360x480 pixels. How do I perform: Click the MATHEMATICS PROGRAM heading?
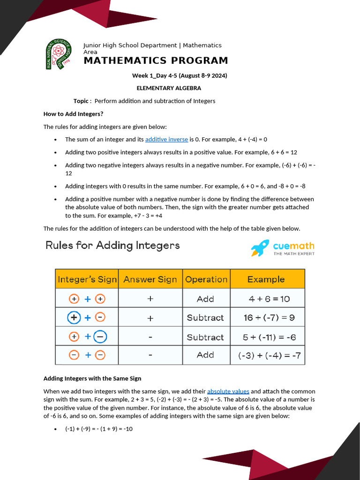(x=156, y=60)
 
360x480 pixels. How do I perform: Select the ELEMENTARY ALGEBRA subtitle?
(x=169, y=88)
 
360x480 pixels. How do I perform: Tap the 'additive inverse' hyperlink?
(x=166, y=139)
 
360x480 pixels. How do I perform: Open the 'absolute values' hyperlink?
(x=228, y=391)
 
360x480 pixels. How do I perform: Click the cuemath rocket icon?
(x=260, y=248)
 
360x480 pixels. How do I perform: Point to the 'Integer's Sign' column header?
(x=87, y=279)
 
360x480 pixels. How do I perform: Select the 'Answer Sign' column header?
(x=150, y=279)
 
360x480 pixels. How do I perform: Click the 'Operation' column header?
(x=206, y=279)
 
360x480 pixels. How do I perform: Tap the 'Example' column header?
(x=266, y=279)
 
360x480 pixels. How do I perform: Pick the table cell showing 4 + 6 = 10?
(x=266, y=299)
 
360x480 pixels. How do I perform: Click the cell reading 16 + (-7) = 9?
(x=269, y=317)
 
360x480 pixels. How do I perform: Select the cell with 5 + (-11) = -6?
(x=270, y=337)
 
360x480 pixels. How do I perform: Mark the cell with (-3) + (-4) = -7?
(x=270, y=355)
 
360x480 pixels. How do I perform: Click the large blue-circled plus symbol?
(x=74, y=317)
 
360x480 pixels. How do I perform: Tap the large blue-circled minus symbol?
(x=100, y=337)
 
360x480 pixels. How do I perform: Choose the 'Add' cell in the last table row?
(x=205, y=355)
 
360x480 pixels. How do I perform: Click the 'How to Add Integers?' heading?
(x=73, y=114)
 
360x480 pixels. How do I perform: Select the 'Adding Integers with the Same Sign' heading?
(x=92, y=378)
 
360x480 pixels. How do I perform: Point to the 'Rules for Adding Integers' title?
(x=112, y=245)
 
